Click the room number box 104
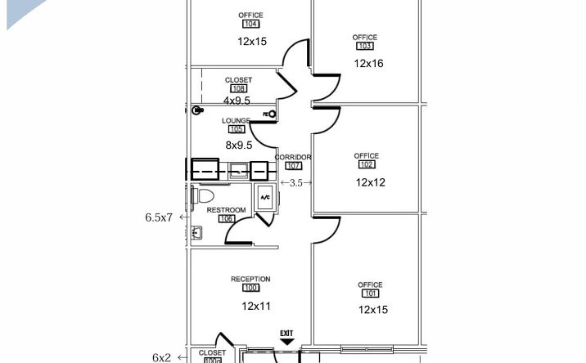tap(250, 24)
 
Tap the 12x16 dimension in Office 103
tap(368, 64)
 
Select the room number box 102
tap(367, 164)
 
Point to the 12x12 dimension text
tap(371, 182)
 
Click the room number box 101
tap(371, 294)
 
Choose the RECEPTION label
tap(250, 279)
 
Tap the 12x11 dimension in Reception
tap(256, 307)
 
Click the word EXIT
tap(286, 333)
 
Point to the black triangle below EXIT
tap(286, 342)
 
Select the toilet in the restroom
tap(203, 195)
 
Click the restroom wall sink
tap(196, 232)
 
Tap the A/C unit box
tap(265, 197)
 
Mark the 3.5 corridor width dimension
tap(296, 183)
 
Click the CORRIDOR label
tap(293, 157)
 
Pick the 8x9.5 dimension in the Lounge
tap(239, 146)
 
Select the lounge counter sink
tap(238, 171)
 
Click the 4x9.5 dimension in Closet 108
tap(237, 101)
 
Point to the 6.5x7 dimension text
tap(159, 217)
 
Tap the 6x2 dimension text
tap(161, 358)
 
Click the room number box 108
tap(238, 88)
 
